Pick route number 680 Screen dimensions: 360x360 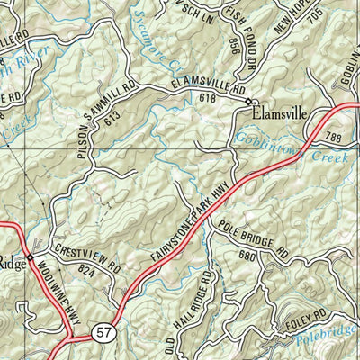tap(247, 255)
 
